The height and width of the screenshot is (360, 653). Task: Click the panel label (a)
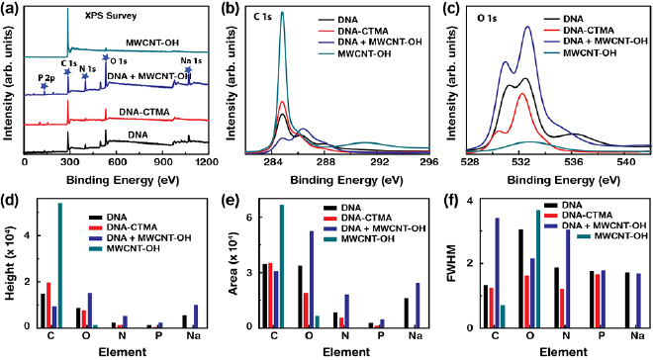point(12,8)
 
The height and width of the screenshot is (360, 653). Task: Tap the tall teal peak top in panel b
point(282,13)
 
